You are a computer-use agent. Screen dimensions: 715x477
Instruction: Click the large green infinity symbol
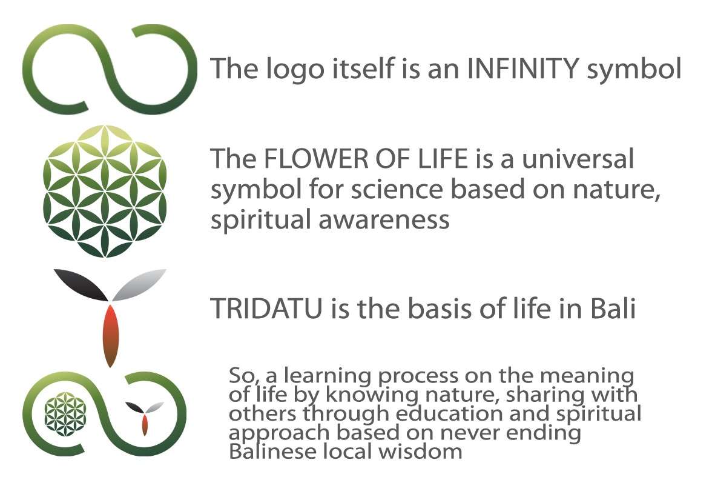pyautogui.click(x=110, y=69)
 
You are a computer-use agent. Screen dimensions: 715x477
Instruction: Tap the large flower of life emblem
pyautogui.click(x=105, y=192)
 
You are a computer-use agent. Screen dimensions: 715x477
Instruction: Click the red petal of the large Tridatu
pyautogui.click(x=110, y=336)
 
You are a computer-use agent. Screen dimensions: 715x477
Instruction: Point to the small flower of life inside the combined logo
pyautogui.click(x=65, y=414)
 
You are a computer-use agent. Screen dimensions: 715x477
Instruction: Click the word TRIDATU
pyautogui.click(x=267, y=308)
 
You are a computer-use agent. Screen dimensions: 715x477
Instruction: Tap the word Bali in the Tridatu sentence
pyautogui.click(x=613, y=308)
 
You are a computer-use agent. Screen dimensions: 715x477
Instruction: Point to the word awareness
pyautogui.click(x=384, y=219)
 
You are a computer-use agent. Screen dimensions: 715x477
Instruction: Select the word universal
pyautogui.click(x=578, y=158)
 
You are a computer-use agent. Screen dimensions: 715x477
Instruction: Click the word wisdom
pyautogui.click(x=420, y=452)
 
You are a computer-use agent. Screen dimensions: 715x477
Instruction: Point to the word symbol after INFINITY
pyautogui.click(x=634, y=70)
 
